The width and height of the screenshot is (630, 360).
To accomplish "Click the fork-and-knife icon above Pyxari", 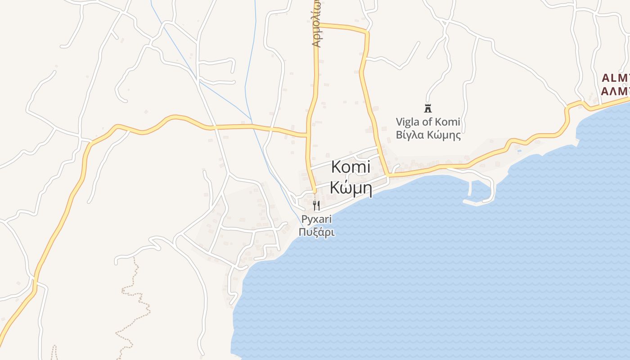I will click(316, 206).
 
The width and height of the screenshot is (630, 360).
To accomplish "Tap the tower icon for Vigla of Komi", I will click(427, 108).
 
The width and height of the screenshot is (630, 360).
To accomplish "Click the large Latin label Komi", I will click(351, 167).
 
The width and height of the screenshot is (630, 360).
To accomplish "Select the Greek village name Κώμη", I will click(351, 187).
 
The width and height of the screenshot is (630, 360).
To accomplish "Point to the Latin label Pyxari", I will click(316, 220).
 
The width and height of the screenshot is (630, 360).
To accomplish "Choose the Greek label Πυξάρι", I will click(316, 233).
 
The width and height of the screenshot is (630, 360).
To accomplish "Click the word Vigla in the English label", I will click(407, 121).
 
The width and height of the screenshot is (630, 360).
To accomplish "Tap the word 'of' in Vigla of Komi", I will click(428, 121).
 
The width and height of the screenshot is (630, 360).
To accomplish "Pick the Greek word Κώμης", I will click(444, 135).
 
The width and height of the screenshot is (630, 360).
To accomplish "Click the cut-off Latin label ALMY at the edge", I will click(616, 77).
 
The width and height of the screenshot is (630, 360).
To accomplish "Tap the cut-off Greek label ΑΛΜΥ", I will click(616, 91).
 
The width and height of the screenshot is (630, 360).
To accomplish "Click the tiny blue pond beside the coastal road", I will click(519, 150).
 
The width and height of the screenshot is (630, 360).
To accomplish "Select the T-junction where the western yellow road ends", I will click(307, 134).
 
